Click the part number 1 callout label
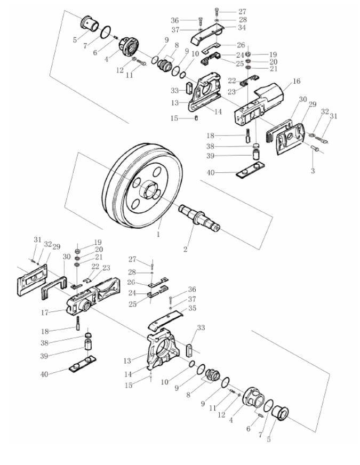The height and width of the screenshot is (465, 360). (158, 234)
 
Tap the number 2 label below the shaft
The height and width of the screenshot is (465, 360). (186, 250)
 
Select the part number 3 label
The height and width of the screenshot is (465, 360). (313, 171)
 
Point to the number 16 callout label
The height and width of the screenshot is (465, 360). (296, 81)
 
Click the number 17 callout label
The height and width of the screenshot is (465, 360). (44, 312)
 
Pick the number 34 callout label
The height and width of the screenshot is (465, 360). (242, 28)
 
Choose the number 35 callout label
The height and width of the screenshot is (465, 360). (192, 308)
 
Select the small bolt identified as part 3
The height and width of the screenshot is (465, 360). (315, 148)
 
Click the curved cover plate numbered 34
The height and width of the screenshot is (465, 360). (207, 34)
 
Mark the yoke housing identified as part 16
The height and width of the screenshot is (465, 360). (259, 105)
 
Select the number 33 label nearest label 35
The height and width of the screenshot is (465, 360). (201, 328)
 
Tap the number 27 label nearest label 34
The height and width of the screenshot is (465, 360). (242, 12)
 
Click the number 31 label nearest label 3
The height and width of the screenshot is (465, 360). (334, 116)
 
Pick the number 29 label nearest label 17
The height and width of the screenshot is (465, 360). (57, 246)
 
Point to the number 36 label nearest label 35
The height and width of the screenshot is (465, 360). (192, 289)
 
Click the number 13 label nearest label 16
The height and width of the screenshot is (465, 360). (175, 102)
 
